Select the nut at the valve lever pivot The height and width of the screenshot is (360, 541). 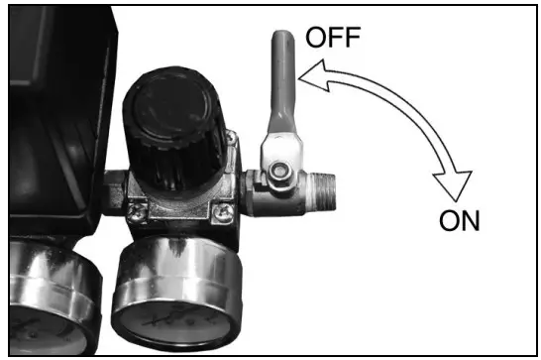pyautogui.click(x=281, y=173)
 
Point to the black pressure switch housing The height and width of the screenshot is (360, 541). pyautogui.click(x=50, y=109)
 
